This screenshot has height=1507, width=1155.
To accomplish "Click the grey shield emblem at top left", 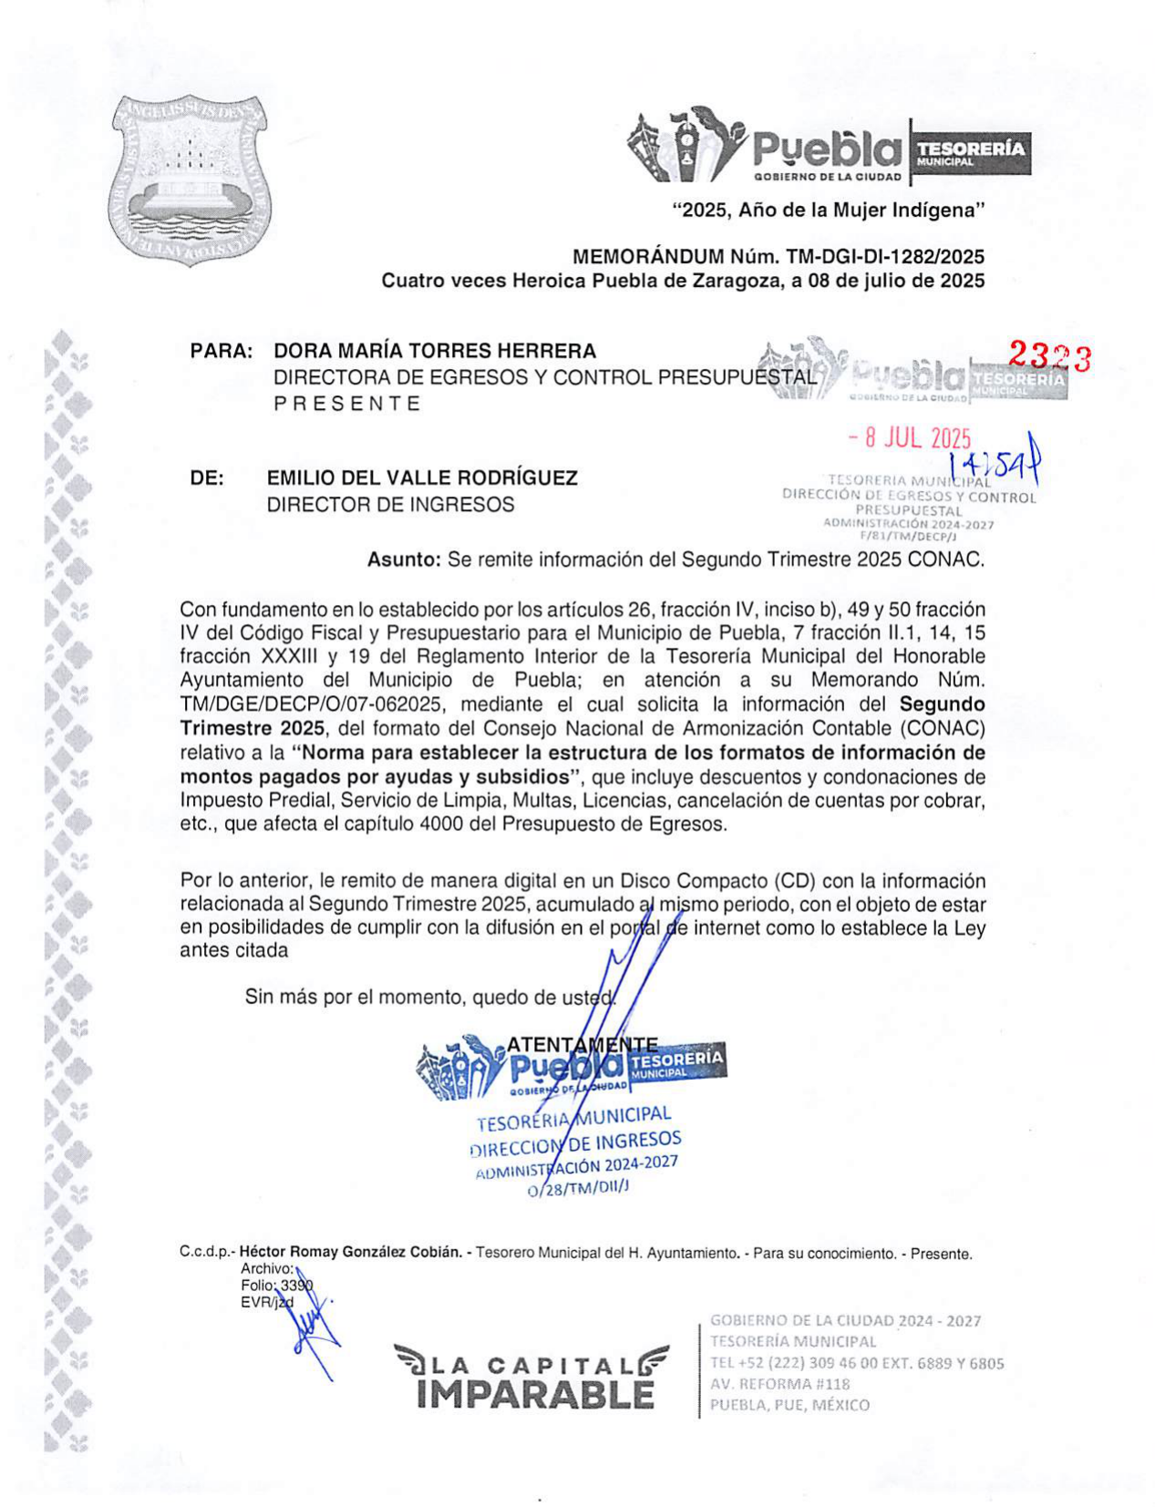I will point(191,179).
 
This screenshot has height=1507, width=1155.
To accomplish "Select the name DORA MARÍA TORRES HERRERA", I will point(435,351).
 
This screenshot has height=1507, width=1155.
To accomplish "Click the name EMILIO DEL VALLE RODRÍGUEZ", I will point(422,478).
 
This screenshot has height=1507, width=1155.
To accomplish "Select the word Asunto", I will point(404,560).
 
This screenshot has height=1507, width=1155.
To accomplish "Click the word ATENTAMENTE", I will point(582,1044).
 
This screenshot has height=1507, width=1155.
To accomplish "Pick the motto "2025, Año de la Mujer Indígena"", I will point(829,211).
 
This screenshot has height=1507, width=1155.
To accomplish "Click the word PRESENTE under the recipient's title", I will point(347,404).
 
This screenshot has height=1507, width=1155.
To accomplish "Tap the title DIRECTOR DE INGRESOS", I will point(390,505).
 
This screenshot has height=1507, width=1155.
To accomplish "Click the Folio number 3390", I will point(296,1286).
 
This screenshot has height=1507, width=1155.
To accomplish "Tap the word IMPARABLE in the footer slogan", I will point(535,1395).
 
